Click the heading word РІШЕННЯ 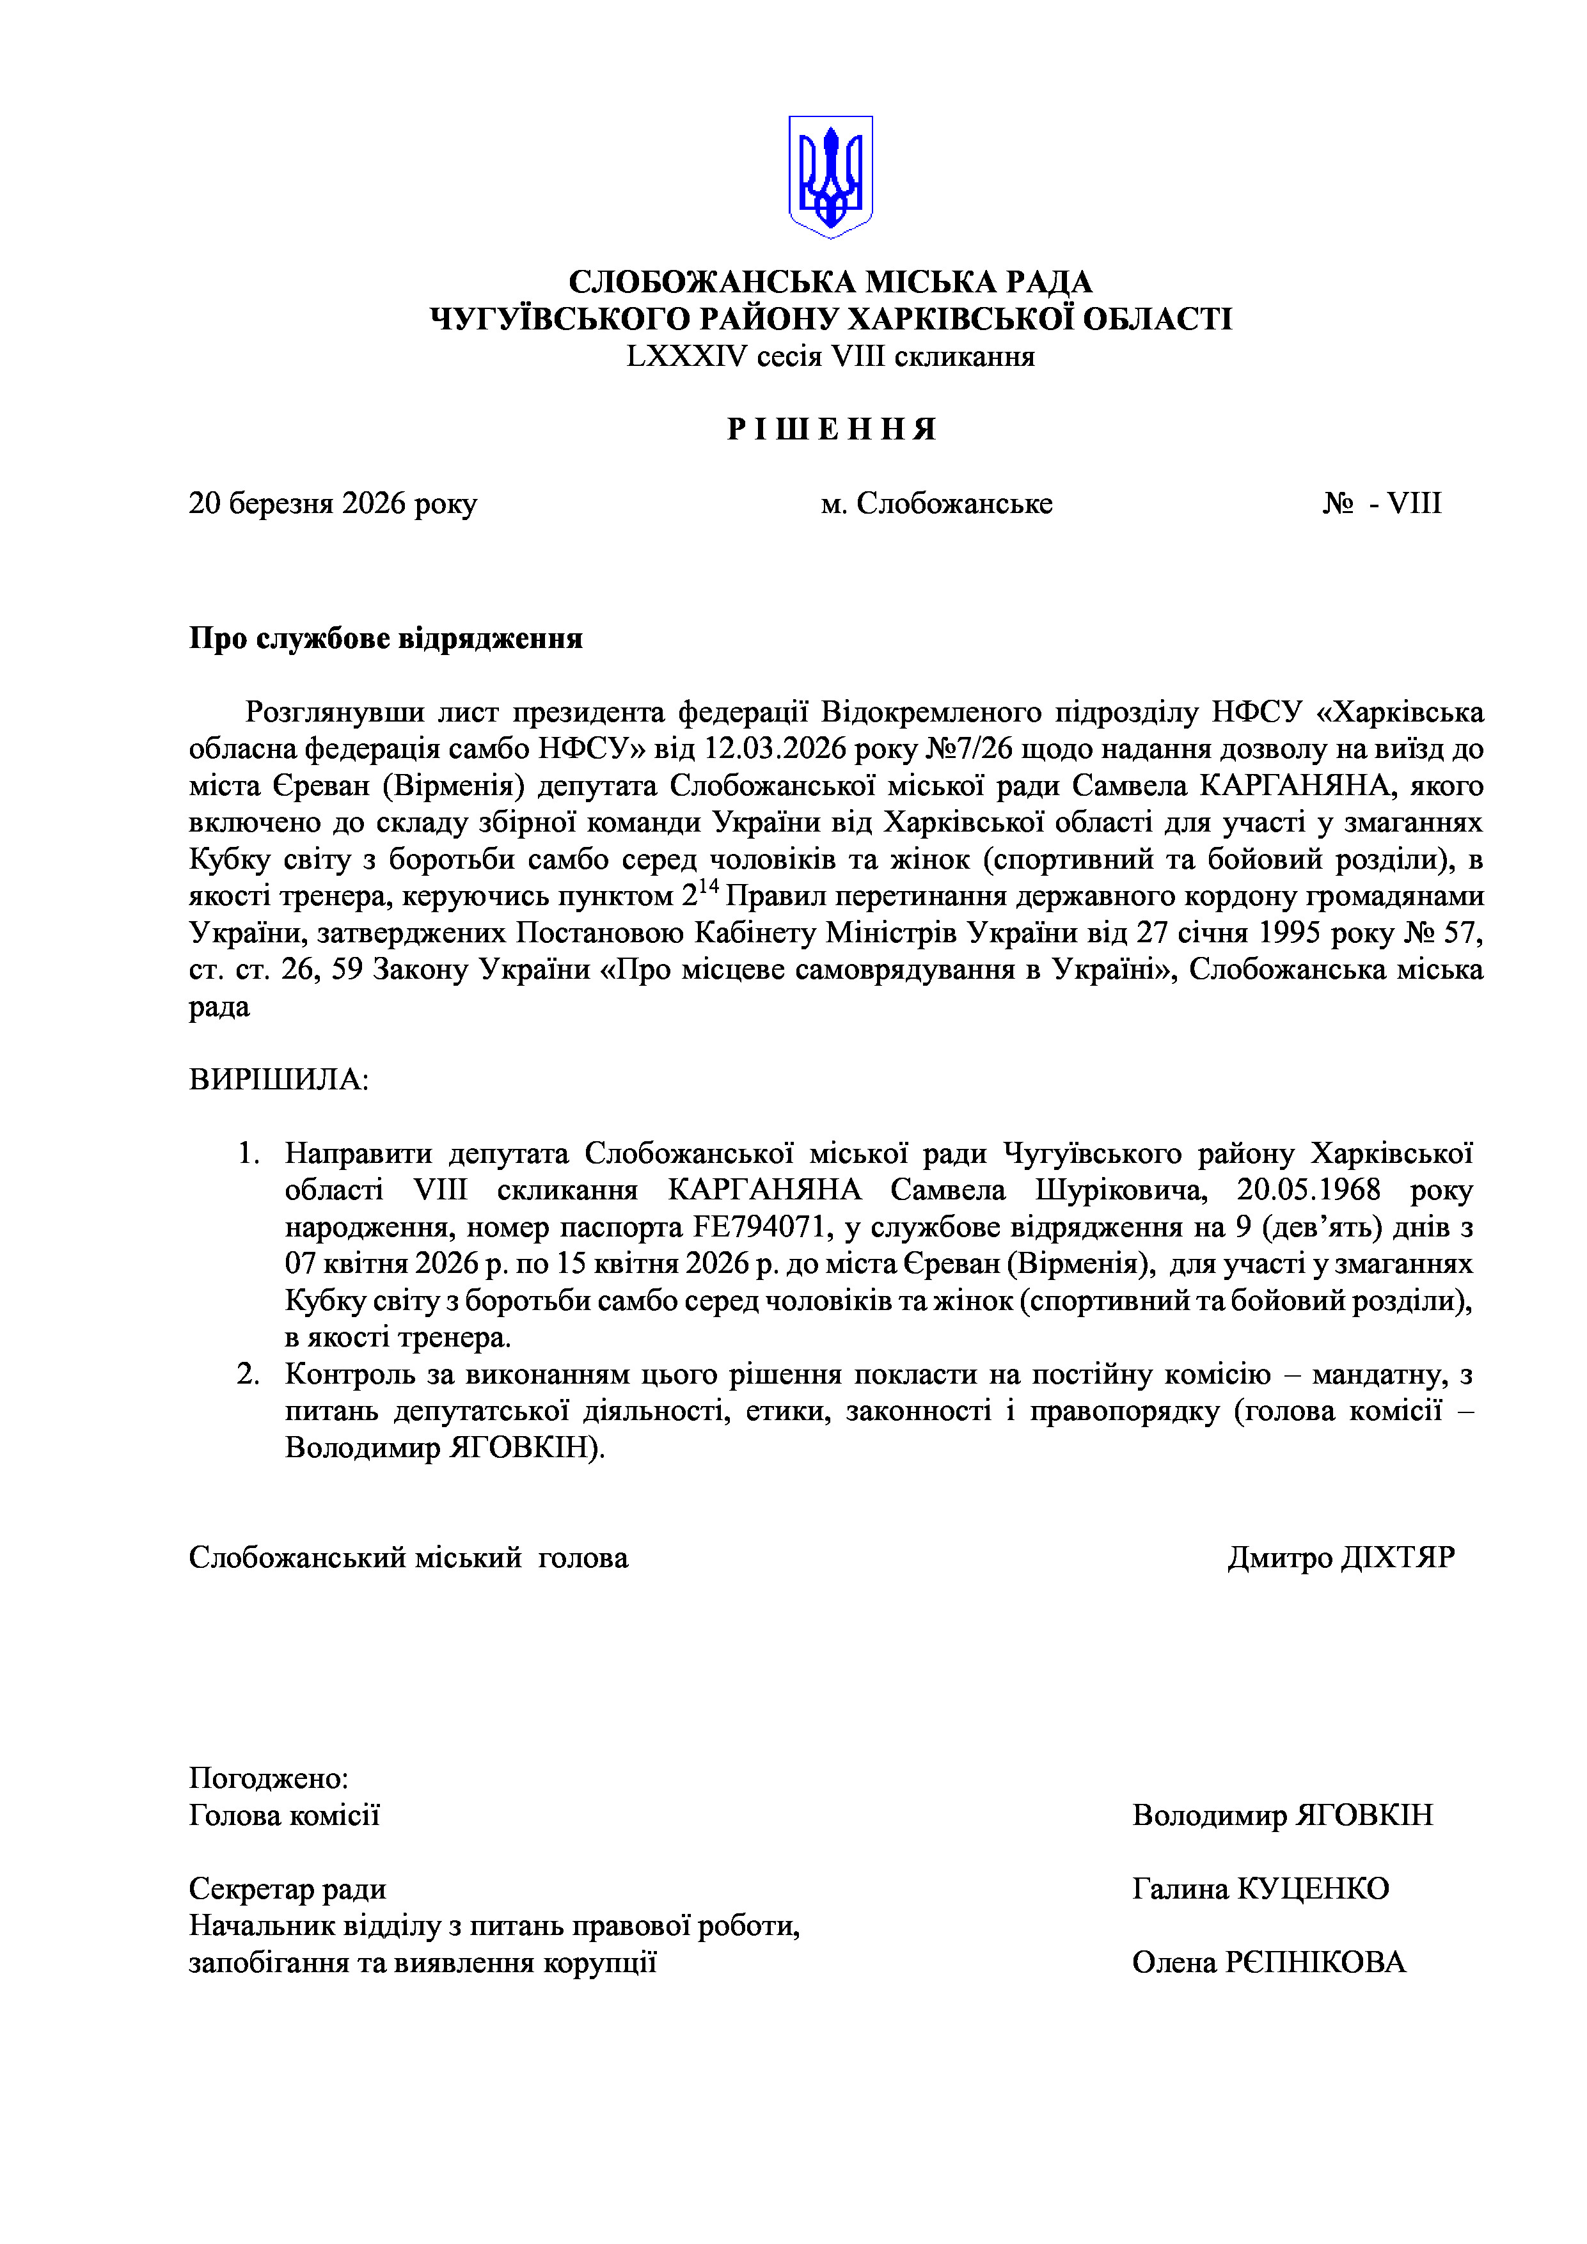point(832,429)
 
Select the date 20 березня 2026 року point(332,503)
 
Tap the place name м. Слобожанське point(936,503)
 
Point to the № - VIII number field point(1382,503)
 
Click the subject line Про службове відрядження point(385,638)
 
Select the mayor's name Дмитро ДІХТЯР point(1341,1557)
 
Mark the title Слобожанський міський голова point(407,1557)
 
